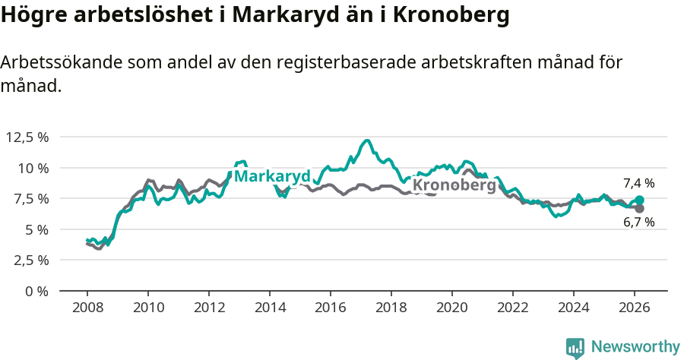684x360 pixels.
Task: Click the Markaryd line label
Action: point(272,176)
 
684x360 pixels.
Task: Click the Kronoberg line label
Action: point(454,185)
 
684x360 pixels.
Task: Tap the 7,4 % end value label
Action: point(638,183)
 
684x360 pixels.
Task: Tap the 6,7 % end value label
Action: point(638,223)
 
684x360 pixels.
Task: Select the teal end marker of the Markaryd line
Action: point(639,200)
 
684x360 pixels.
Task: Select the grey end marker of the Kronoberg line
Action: point(639,208)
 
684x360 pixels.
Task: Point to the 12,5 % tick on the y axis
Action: point(27,137)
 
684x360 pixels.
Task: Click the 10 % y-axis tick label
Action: point(33,168)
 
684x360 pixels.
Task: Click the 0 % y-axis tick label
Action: point(36,291)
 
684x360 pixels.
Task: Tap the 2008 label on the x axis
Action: point(87,308)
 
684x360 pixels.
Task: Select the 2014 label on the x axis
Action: point(269,308)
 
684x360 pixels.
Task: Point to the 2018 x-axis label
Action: point(391,308)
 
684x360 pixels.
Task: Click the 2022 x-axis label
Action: point(512,308)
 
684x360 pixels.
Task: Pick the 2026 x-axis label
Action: point(634,308)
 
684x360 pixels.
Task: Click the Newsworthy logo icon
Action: point(575,348)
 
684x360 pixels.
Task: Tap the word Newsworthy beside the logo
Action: point(635,347)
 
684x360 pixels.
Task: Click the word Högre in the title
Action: point(33,16)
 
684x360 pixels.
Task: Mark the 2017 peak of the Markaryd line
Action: point(367,141)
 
